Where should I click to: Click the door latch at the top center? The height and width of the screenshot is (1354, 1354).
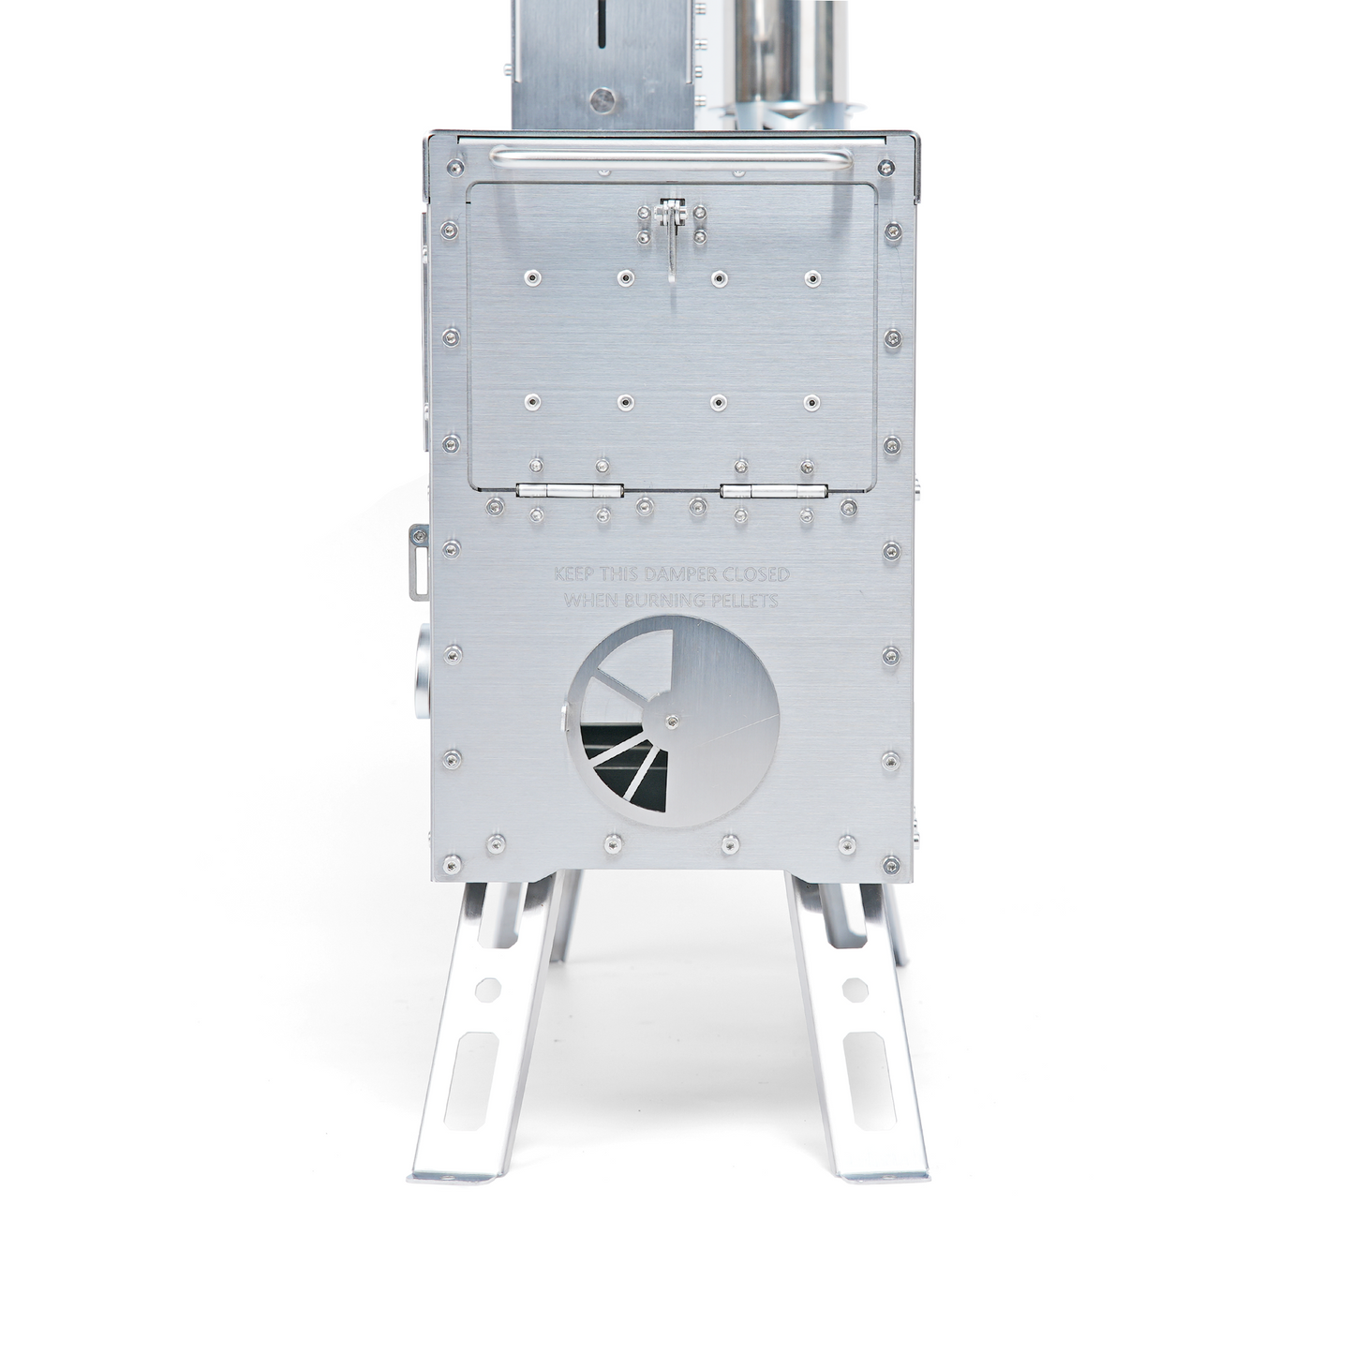[x=670, y=234]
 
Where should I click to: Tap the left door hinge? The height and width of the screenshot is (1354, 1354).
[x=570, y=490]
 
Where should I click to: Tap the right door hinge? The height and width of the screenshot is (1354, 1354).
[x=774, y=490]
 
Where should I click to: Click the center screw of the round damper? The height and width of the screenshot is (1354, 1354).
[x=672, y=721]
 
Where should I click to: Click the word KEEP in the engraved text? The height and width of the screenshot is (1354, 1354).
[x=573, y=573]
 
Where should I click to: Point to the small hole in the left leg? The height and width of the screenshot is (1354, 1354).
[x=488, y=989]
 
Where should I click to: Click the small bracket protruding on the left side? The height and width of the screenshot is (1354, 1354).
[x=416, y=560]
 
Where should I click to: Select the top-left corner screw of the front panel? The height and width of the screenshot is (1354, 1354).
[x=454, y=169]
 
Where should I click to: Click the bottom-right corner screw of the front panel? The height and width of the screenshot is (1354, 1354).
[x=891, y=861]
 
